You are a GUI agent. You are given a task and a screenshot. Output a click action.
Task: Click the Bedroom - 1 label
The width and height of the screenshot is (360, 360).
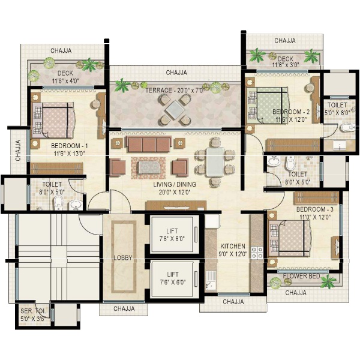tap(70, 146)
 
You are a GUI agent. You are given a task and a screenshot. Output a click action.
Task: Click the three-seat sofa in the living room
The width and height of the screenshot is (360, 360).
tap(149, 144)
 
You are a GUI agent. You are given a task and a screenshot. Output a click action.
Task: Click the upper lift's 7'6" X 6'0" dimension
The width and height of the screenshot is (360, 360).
tap(172, 239)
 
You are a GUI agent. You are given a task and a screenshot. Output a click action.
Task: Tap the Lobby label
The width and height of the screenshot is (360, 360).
tap(123, 258)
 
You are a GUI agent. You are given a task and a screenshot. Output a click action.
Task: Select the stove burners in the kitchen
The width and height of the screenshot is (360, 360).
tap(257, 253)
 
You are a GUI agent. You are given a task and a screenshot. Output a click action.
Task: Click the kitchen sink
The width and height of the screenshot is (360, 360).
tap(211, 280)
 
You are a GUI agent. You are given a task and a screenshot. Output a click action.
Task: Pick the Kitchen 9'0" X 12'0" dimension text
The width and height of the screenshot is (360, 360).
tap(233, 254)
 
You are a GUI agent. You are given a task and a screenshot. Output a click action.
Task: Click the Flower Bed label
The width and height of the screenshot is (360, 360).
tap(301, 276)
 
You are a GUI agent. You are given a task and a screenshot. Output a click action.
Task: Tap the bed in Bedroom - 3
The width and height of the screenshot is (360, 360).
tap(290, 239)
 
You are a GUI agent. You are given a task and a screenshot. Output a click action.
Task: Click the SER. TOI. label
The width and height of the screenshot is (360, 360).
tap(33, 311)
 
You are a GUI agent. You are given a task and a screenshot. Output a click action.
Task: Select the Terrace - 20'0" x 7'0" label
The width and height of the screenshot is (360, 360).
tap(175, 91)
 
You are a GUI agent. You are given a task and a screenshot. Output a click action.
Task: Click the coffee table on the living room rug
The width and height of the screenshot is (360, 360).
tap(149, 167)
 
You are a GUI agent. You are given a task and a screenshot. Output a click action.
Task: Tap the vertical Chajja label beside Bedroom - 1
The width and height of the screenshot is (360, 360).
tap(18, 150)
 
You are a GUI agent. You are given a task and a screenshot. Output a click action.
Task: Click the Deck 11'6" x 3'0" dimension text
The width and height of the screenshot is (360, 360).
tap(286, 65)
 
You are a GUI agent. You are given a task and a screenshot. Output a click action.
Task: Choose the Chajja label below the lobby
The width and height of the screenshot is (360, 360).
tap(124, 308)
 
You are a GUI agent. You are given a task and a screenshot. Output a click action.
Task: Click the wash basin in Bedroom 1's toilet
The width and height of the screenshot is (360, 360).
tap(76, 205)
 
